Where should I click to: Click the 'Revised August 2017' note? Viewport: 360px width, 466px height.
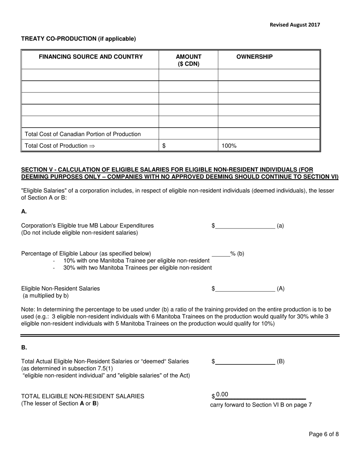coord(294,25)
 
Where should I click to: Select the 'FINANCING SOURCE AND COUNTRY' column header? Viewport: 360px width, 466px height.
coord(91,57)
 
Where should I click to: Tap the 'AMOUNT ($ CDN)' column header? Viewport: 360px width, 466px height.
coord(188,60)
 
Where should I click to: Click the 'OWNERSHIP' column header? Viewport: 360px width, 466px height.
coord(254,57)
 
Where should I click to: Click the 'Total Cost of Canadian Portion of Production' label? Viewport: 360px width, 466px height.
coord(83,134)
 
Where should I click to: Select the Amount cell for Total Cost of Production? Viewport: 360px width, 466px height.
coord(188,145)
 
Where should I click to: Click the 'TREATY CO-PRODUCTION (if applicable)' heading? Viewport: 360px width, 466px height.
coord(78,39)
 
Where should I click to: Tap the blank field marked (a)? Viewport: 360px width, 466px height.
coord(245,226)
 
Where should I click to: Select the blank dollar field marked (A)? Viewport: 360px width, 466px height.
coord(245,289)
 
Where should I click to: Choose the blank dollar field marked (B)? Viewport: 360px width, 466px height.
coord(245,361)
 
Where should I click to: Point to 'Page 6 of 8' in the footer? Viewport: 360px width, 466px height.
coord(324,434)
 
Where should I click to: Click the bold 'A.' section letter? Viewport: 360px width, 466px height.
coord(24,211)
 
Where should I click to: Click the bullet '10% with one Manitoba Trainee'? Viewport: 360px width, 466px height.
coord(136,261)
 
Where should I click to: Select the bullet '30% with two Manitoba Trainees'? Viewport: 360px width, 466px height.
coord(137,268)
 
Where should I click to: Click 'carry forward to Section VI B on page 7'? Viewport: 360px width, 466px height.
coord(261,405)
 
